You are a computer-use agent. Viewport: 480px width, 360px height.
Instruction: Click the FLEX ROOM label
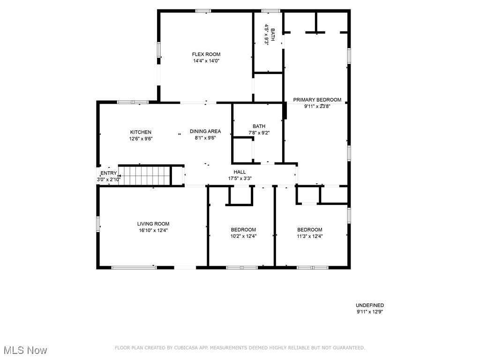coord(206,54)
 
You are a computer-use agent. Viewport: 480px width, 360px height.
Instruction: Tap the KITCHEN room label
coord(141,132)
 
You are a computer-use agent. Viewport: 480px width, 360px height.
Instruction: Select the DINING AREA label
coord(205,131)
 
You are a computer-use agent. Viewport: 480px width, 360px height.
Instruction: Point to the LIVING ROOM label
coord(153,224)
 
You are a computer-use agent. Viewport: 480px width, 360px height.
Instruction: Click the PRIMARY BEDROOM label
coord(317,100)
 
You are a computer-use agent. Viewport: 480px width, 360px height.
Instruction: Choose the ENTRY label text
coord(108,173)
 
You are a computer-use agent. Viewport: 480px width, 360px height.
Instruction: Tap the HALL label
coord(240,172)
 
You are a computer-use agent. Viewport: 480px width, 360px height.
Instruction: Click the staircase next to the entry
coord(144,175)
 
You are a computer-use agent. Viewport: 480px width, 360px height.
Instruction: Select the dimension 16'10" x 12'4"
coord(153,230)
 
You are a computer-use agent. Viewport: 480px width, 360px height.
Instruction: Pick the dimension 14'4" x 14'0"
coord(206,60)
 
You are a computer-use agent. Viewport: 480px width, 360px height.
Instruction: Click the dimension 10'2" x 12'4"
coord(243,236)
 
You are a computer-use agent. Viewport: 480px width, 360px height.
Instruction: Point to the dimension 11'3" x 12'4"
coord(310,236)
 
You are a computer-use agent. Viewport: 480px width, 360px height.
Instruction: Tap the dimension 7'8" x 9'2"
coord(259,133)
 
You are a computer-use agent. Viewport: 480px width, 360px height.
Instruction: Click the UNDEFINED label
coord(369,305)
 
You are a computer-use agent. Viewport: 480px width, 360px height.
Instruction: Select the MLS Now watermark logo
coord(25,350)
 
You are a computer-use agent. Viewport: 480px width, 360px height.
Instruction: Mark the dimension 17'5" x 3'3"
coord(240,178)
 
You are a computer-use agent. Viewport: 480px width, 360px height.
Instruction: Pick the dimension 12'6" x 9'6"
coord(141,138)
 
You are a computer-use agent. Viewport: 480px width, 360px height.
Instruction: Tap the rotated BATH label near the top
coord(272,34)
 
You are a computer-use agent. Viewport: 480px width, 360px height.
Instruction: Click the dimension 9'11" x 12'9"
coord(369,311)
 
